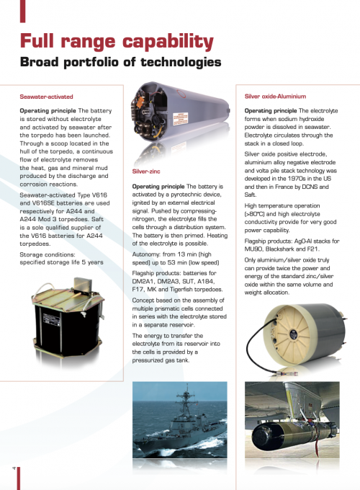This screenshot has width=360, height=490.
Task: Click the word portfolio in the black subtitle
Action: tap(91, 62)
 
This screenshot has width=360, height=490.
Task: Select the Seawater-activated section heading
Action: tap(46, 97)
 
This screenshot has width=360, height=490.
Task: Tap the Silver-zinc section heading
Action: tap(146, 171)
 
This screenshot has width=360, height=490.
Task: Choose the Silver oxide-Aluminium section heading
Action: tap(275, 97)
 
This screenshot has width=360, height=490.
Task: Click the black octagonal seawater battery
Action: tap(67, 318)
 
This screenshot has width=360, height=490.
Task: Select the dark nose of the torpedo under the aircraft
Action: tap(262, 435)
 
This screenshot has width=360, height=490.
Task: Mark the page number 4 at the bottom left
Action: tap(14, 468)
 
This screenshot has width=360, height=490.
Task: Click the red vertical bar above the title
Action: tap(22, 12)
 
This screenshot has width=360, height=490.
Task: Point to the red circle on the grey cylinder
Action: tap(181, 94)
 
